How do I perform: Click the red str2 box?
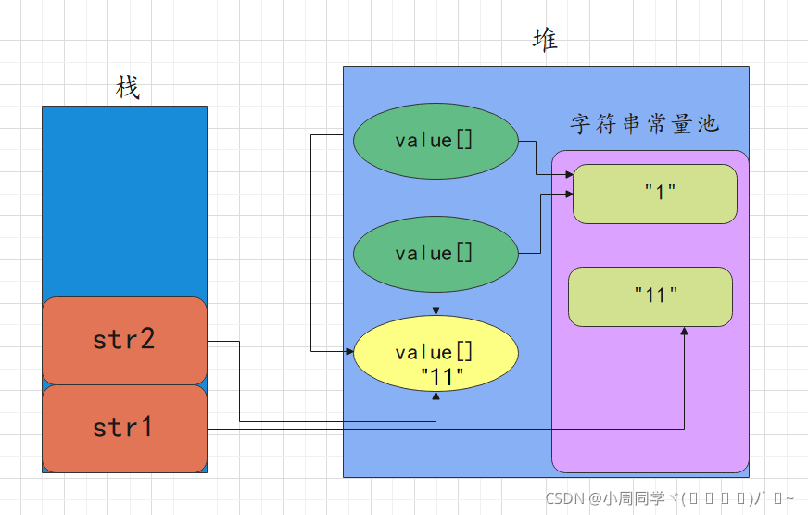pos(124,340)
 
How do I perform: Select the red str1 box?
pos(124,428)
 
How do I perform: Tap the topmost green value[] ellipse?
pos(435,141)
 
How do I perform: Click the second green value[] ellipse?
pos(435,253)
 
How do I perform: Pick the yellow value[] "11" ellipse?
pos(436,353)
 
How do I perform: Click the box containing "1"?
pos(655,194)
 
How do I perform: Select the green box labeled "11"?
pos(650,296)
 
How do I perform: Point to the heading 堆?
pos(546,40)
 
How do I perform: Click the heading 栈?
pos(127,88)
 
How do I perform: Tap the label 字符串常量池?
pos(645,125)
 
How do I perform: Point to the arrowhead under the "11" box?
pos(685,331)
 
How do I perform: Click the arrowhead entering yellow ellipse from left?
pos(349,352)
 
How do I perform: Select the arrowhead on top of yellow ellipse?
pos(436,311)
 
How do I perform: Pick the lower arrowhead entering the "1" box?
pos(569,195)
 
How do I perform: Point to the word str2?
pos(124,340)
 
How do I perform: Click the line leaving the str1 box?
pos(371,429)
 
